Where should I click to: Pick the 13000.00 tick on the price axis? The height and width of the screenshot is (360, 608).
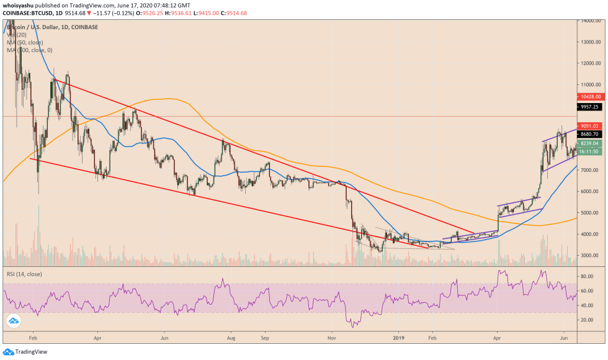[592, 42]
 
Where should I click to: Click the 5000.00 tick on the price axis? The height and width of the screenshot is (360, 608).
[592, 213]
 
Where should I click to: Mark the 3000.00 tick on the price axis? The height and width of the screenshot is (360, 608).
[592, 256]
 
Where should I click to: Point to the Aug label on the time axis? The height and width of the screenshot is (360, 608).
[231, 340]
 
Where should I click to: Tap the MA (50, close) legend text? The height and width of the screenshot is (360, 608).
[25, 42]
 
